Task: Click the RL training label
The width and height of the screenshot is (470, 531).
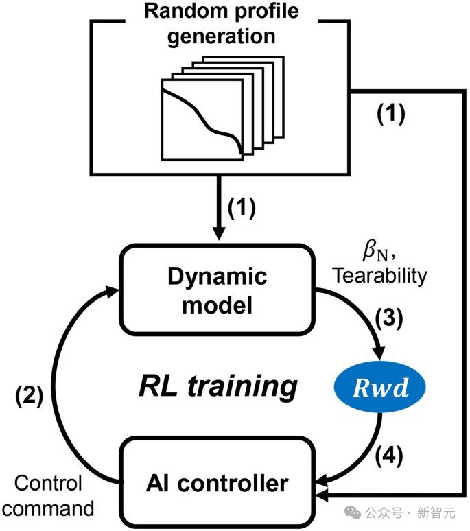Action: [x=218, y=386]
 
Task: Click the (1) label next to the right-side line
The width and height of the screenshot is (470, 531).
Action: [x=392, y=113]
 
